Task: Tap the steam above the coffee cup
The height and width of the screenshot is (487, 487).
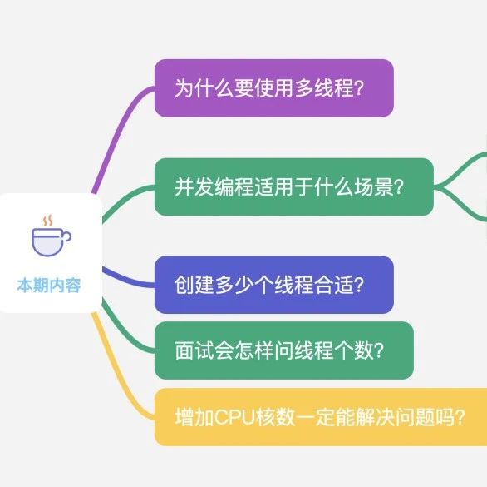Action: [47, 221]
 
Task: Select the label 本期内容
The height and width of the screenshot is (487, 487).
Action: [49, 285]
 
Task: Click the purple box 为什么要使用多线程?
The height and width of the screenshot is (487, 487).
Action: [274, 87]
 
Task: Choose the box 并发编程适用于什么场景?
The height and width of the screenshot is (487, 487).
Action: [294, 186]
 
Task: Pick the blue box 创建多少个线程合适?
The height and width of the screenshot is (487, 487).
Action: [274, 285]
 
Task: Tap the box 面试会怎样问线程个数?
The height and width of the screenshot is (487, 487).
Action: [284, 350]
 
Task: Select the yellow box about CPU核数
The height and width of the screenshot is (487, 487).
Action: [321, 417]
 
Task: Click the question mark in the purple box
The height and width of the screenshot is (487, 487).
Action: [359, 87]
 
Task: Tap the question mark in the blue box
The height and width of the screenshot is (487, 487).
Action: [359, 285]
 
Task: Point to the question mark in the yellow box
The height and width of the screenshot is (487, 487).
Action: [460, 417]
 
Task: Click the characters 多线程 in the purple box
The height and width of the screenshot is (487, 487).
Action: [324, 87]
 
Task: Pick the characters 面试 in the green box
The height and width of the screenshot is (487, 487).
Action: [194, 350]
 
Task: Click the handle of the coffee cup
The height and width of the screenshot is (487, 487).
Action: [67, 236]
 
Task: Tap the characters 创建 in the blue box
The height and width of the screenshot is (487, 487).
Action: [194, 285]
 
